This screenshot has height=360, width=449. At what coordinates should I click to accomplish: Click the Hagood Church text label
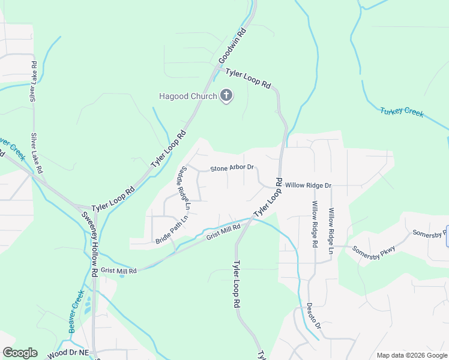187,96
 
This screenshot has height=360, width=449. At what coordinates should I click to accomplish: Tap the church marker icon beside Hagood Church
226,95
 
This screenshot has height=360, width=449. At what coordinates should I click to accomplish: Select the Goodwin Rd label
234,46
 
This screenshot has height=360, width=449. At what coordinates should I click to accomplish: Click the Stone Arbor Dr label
232,169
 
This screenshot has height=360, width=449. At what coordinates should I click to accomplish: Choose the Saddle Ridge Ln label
182,188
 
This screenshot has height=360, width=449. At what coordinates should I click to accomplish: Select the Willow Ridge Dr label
308,185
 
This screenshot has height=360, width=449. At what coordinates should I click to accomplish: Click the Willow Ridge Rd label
314,224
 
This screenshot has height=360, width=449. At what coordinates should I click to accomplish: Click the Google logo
20,353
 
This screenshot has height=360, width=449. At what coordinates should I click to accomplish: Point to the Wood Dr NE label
67,353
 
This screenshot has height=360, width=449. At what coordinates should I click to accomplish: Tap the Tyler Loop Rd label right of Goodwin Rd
248,78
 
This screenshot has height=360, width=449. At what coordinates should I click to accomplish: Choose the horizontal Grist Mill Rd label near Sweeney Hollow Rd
119,271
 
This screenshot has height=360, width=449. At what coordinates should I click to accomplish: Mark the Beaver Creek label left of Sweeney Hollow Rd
76,311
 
